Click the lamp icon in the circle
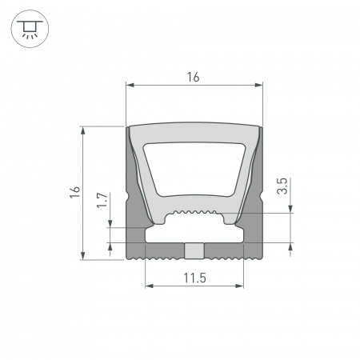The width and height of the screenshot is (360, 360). point(29,30)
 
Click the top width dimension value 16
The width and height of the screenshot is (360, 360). point(194,77)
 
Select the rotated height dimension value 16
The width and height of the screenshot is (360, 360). point(74,192)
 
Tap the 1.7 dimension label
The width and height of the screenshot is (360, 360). point(102,200)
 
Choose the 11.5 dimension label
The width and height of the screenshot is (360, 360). point(194,278)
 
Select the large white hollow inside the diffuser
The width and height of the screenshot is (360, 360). point(194,168)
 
